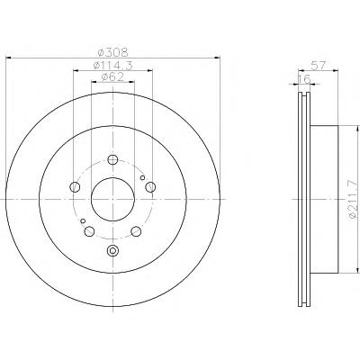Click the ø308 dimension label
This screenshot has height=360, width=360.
pyautogui.click(x=113, y=53)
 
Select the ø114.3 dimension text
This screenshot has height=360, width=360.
pyautogui.click(x=112, y=66)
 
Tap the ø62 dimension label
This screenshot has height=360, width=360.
pyautogui.click(x=112, y=77)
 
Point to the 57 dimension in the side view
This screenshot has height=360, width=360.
pyautogui.click(x=319, y=66)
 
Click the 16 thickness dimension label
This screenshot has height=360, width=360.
pyautogui.click(x=303, y=79)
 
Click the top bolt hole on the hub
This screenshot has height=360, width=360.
pyautogui.click(x=112, y=159)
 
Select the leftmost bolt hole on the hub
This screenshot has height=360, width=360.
pyautogui.click(x=75, y=187)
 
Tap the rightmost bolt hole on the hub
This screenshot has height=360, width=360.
pyautogui.click(x=150, y=187)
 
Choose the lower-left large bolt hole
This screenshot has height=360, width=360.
pyautogui.click(x=89, y=231)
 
